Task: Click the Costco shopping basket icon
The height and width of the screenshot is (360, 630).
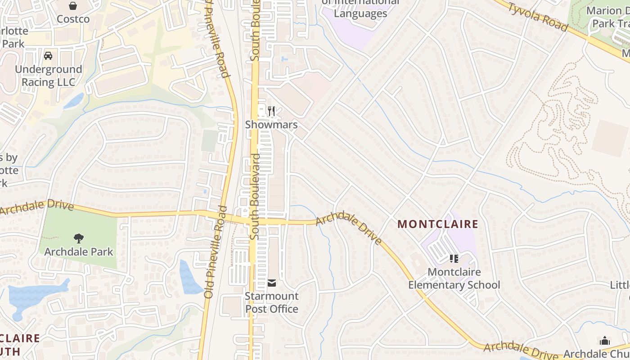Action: pyautogui.click(x=73, y=6)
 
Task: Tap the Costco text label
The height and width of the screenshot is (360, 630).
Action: pyautogui.click(x=73, y=19)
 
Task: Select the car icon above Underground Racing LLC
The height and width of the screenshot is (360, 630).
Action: pyautogui.click(x=48, y=56)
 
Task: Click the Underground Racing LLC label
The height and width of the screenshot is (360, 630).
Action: pyautogui.click(x=49, y=76)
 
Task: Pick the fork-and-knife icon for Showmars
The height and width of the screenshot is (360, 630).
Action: pyautogui.click(x=271, y=111)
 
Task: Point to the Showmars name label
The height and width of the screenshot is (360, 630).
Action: pyautogui.click(x=271, y=125)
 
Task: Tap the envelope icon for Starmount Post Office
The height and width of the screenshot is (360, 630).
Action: pyautogui.click(x=272, y=283)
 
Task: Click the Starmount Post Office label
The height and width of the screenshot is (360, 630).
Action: pyautogui.click(x=272, y=302)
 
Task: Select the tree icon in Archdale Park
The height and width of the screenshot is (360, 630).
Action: pyautogui.click(x=79, y=238)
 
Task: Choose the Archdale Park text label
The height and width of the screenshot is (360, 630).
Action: pyautogui.click(x=79, y=252)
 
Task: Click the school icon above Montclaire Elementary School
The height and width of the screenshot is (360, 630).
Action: pyautogui.click(x=454, y=259)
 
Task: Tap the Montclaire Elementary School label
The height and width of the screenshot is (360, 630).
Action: pyautogui.click(x=454, y=279)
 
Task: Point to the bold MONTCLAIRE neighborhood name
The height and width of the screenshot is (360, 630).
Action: pyautogui.click(x=438, y=224)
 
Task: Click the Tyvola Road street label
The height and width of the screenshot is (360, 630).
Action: pyautogui.click(x=538, y=17)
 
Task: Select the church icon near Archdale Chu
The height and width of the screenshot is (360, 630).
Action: pyautogui.click(x=605, y=341)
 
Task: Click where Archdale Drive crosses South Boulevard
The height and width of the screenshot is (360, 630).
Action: pyautogui.click(x=254, y=221)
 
